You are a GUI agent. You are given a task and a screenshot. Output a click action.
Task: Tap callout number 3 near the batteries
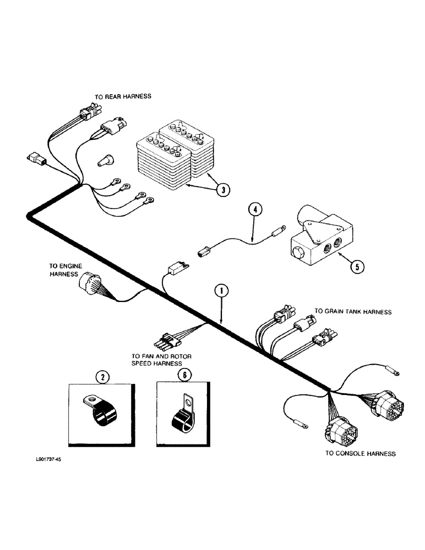pos(221,190)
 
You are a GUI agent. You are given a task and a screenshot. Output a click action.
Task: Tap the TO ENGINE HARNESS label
pos(68,269)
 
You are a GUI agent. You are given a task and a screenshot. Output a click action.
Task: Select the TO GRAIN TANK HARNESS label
pos(352,312)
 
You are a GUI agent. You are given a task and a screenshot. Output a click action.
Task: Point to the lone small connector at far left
pos(35,159)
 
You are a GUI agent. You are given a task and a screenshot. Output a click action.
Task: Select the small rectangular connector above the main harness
pos(178,269)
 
